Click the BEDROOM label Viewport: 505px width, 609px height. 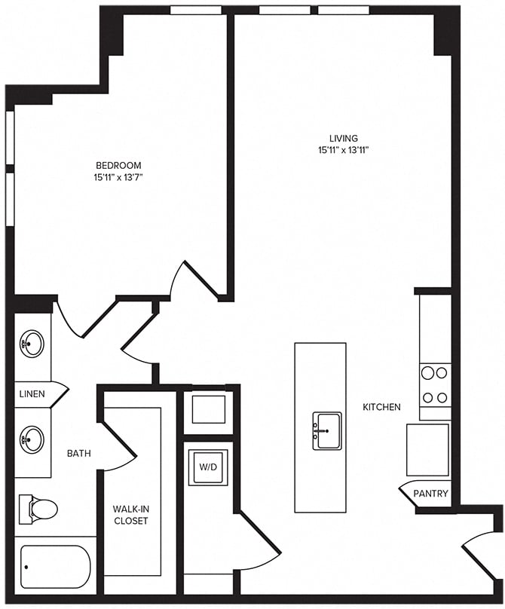[x=118, y=165]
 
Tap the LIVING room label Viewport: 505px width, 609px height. [x=343, y=138]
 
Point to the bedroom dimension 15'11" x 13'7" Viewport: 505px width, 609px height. [x=118, y=177]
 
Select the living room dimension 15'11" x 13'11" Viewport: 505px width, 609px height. [x=343, y=150]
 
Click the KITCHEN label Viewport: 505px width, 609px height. [x=381, y=407]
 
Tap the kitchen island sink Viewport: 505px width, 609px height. [x=327, y=430]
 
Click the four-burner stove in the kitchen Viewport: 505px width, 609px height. [x=435, y=384]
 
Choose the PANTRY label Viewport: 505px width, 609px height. [x=430, y=494]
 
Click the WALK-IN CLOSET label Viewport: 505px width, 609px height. [x=130, y=514]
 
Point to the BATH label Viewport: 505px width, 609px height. [x=79, y=454]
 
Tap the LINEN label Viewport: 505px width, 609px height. [x=32, y=394]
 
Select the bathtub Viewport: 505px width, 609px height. [x=55, y=566]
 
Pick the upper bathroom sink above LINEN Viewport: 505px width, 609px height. [x=32, y=344]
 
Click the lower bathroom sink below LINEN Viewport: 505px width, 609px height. [x=32, y=438]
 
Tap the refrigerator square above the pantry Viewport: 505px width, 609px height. [x=427, y=450]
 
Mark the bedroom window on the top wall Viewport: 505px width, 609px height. [x=195, y=10]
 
